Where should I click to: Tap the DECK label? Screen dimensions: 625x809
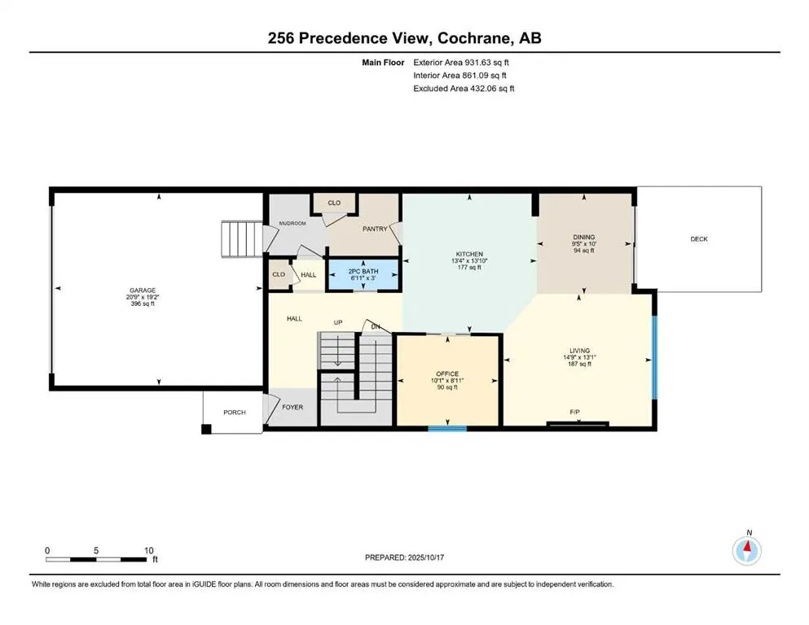point(699,239)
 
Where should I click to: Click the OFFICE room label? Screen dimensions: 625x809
point(447,374)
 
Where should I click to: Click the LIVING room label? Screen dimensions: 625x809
point(580,351)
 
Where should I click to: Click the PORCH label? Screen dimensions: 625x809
point(235,413)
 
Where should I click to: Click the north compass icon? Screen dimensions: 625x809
point(748,550)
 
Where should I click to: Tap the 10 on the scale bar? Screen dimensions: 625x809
point(148,550)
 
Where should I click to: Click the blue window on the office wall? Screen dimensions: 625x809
point(447,428)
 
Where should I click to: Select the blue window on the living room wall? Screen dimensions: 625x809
point(653,355)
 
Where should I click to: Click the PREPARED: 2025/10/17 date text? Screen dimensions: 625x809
point(405,557)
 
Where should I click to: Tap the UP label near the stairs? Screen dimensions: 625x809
point(336,322)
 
